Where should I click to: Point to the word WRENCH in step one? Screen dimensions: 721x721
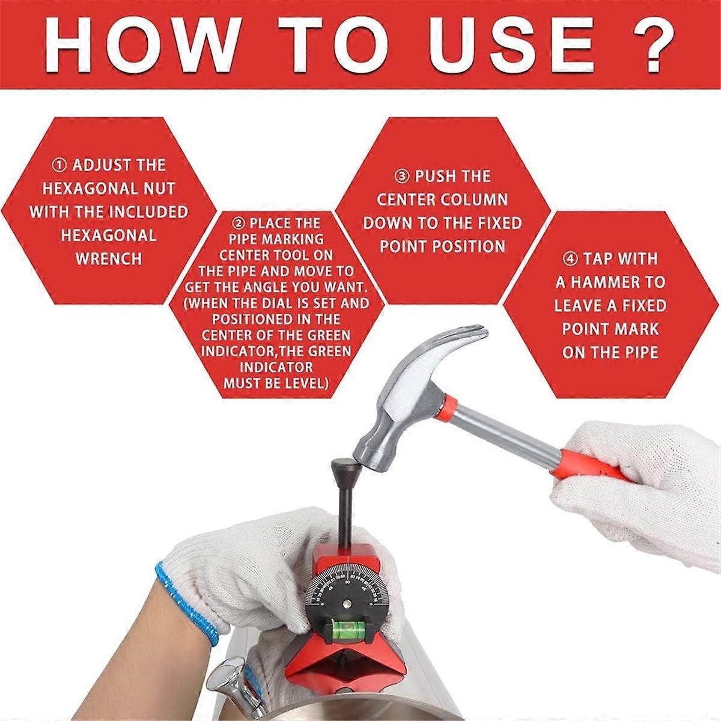(x=109, y=259)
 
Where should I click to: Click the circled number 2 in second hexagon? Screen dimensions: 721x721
(x=239, y=224)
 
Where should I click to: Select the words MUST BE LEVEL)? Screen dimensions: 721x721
(x=276, y=383)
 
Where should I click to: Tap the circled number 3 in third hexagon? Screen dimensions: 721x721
(x=401, y=177)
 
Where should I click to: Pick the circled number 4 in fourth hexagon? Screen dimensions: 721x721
(x=570, y=259)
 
